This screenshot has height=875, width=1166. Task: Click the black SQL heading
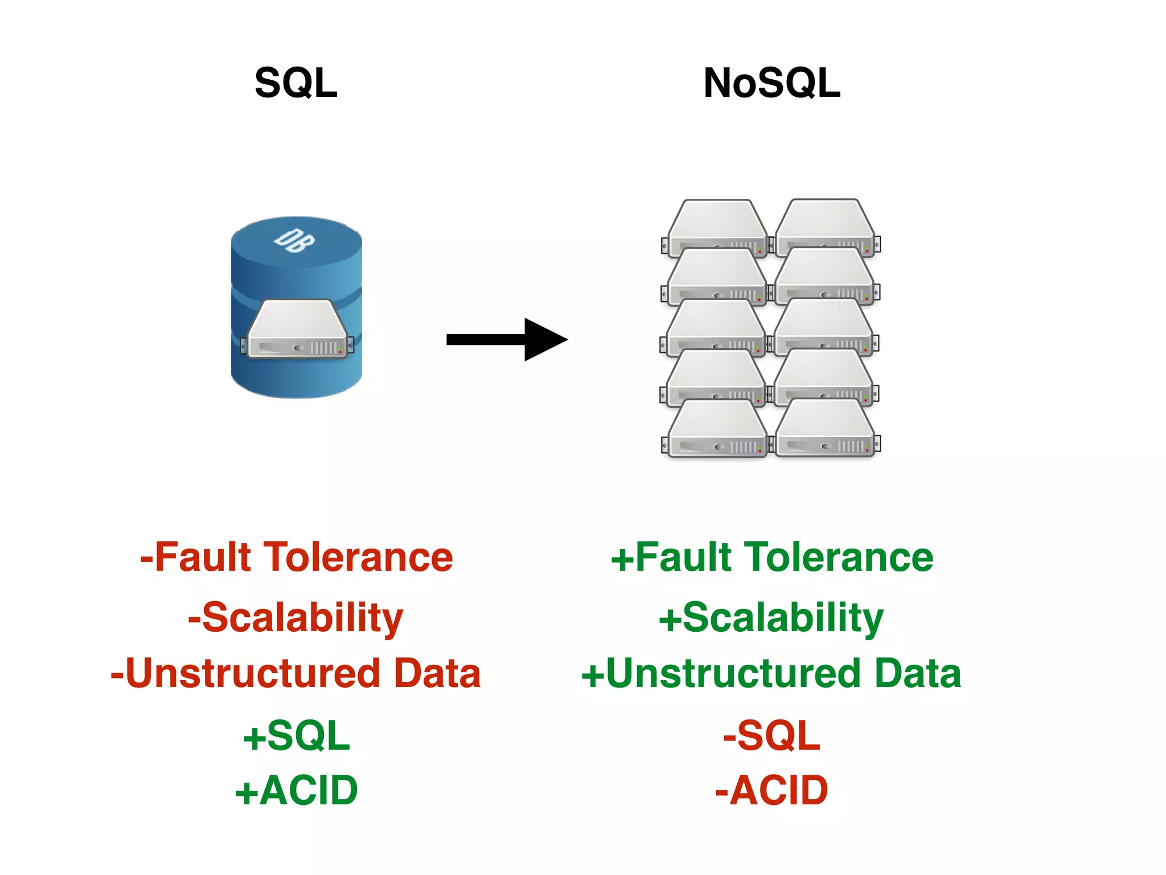296,83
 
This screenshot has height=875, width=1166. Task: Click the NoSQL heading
771,83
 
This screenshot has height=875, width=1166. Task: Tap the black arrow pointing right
506,340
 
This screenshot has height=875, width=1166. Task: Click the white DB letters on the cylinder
294,240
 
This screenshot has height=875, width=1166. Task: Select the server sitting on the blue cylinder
297,330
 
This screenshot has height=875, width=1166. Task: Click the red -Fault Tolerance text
296,557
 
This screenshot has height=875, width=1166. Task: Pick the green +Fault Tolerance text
771,557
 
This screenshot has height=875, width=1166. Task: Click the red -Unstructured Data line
296,673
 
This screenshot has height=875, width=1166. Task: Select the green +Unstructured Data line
771,673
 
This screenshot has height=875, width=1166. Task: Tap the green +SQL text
296,735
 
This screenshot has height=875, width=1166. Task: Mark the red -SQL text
771,735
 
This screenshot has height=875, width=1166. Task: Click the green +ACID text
296,791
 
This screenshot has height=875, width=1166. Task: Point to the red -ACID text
771,791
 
